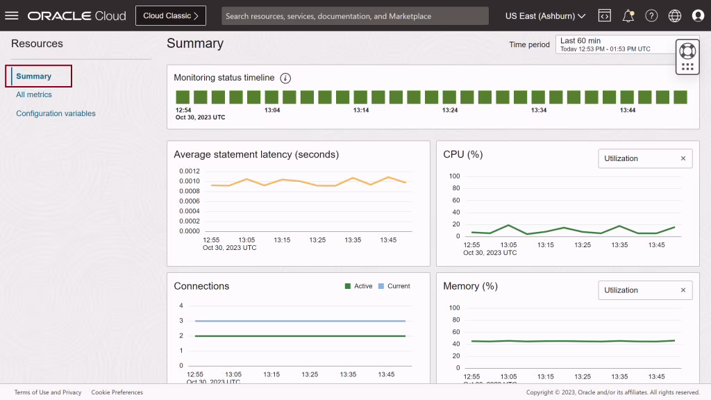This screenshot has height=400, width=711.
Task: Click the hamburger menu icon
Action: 12,15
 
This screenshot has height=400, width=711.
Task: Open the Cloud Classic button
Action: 171,15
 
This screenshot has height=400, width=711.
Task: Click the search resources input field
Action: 355,16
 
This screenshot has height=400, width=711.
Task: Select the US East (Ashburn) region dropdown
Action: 545,16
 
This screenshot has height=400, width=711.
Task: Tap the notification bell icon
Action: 628,16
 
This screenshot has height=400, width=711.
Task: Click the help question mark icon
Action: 651,16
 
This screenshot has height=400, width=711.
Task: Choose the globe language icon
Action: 674,16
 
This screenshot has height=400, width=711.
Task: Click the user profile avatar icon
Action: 698,16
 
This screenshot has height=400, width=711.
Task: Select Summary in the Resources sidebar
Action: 34,76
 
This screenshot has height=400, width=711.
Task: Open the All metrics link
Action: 34,94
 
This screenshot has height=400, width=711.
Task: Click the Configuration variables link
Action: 56,113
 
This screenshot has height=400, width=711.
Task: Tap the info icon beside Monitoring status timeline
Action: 285,78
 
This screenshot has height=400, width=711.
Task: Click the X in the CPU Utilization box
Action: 683,158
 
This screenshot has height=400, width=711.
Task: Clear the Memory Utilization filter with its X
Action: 683,290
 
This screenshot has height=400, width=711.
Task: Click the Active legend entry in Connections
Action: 358,286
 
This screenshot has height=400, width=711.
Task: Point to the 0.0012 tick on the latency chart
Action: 190,171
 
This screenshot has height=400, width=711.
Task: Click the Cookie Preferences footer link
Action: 117,392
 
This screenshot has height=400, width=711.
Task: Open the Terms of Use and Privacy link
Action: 48,392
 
